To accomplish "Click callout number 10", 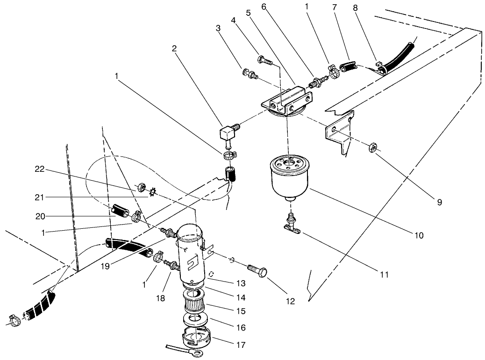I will click(418, 236).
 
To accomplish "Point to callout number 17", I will click(240, 345).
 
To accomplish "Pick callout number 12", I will click(290, 301).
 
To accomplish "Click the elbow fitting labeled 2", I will click(229, 135).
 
